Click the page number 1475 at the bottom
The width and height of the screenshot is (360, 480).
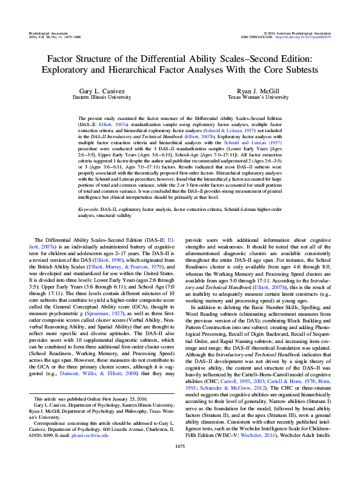[x=180, y=463]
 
